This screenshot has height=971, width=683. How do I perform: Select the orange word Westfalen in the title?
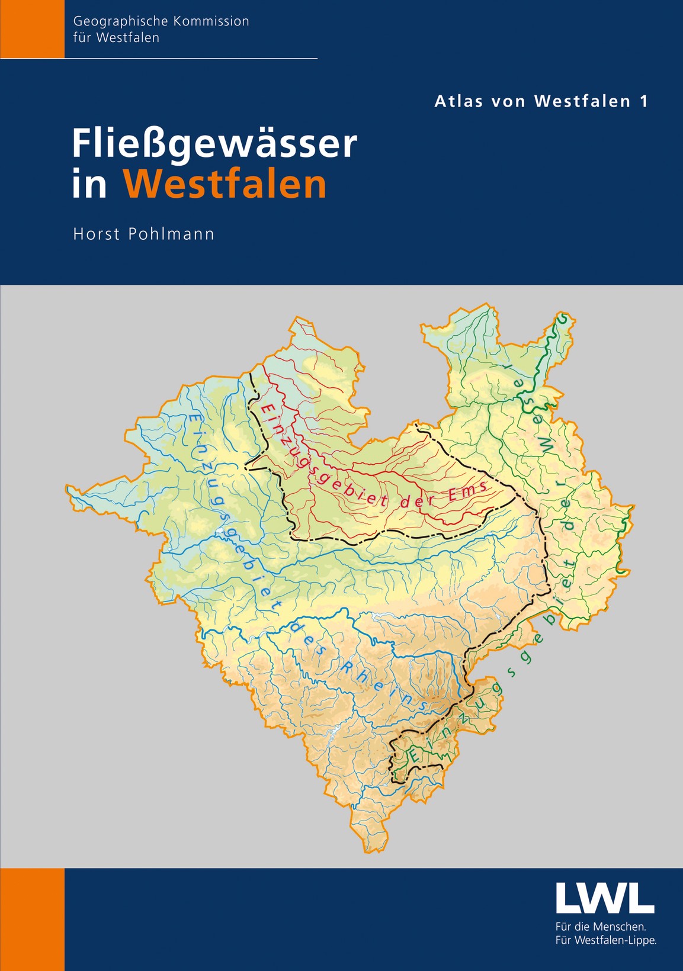pyautogui.click(x=225, y=185)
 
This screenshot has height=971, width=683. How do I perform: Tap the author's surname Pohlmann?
pyautogui.click(x=171, y=234)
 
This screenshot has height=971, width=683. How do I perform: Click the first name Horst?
pyautogui.click(x=97, y=234)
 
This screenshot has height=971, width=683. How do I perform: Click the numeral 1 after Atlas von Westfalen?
pyautogui.click(x=643, y=101)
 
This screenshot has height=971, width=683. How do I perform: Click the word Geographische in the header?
pyautogui.click(x=119, y=21)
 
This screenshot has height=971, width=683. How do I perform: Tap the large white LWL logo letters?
pyautogui.click(x=605, y=898)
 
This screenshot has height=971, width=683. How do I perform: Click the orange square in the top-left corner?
pyautogui.click(x=32, y=28)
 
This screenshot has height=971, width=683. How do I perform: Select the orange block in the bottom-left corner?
pyautogui.click(x=32, y=919)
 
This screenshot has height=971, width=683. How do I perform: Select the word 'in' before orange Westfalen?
pyautogui.click(x=89, y=185)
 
